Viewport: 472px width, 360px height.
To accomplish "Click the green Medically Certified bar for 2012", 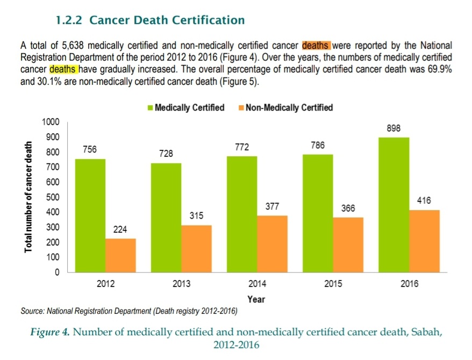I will click(x=90, y=215).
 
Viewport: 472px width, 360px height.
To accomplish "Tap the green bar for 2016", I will click(x=394, y=205).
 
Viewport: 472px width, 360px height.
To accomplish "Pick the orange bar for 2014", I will click(x=273, y=244).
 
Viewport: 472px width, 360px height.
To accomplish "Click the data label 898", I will click(x=394, y=128).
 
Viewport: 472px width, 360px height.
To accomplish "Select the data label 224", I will click(x=120, y=229).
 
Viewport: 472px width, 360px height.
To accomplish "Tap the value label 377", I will click(x=272, y=206).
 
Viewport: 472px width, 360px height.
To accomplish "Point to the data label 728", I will click(x=166, y=154).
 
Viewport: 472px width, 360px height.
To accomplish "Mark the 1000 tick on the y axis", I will click(x=50, y=122).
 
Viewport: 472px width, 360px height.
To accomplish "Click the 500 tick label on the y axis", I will click(x=52, y=197).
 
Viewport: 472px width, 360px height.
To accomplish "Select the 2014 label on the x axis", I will click(x=257, y=284).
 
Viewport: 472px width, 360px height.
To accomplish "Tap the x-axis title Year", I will click(x=256, y=299).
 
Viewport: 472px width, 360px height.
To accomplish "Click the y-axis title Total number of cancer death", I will click(x=28, y=197).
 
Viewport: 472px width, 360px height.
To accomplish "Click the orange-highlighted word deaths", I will click(x=316, y=45).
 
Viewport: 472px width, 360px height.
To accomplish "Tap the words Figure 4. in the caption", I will click(x=53, y=332).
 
